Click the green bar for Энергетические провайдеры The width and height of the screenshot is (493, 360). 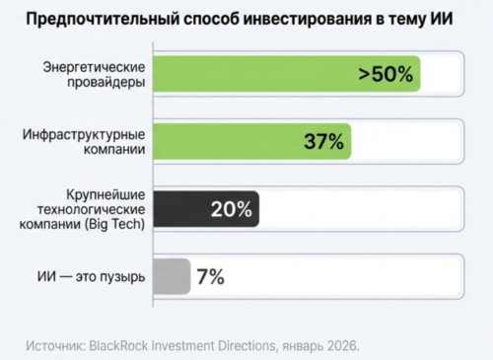pos(256,75)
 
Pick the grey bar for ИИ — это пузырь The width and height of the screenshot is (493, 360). pos(173,275)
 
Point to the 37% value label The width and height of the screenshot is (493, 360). pos(322,141)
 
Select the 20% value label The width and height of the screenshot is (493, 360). pos(231,209)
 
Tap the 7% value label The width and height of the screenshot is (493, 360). pos(210,276)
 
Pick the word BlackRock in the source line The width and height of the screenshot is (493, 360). pos(126,346)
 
